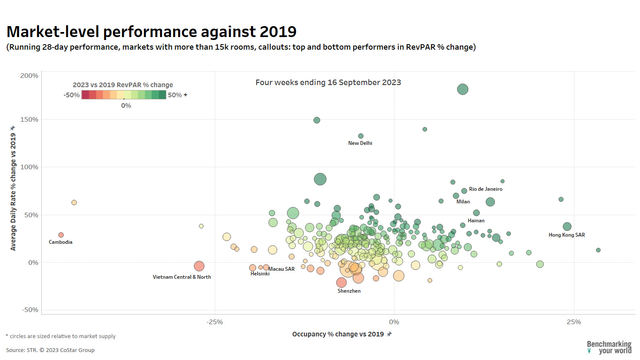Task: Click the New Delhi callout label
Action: pyautogui.click(x=360, y=143)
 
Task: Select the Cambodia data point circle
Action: pyautogui.click(x=61, y=235)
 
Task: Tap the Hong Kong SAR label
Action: pyautogui.click(x=566, y=235)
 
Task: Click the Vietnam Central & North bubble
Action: pyautogui.click(x=199, y=266)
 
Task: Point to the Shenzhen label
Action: pyautogui.click(x=349, y=291)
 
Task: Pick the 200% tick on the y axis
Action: pyautogui.click(x=29, y=76)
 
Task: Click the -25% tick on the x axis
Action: pyautogui.click(x=215, y=322)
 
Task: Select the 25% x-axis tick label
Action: pyautogui.click(x=573, y=322)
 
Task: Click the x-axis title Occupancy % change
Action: pyautogui.click(x=338, y=334)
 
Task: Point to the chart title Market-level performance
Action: pyautogui.click(x=152, y=32)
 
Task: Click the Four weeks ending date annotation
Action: pyautogui.click(x=328, y=83)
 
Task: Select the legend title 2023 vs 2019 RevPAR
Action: pyautogui.click(x=123, y=85)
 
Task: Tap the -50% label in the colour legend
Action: pyautogui.click(x=72, y=95)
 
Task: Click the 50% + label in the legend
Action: pyautogui.click(x=177, y=95)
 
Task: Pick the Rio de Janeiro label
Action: pyautogui.click(x=485, y=189)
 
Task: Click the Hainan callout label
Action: pyautogui.click(x=476, y=221)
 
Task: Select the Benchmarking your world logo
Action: pyautogui.click(x=609, y=347)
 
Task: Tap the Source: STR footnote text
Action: pyautogui.click(x=50, y=350)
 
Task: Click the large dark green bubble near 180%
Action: pyautogui.click(x=463, y=89)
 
